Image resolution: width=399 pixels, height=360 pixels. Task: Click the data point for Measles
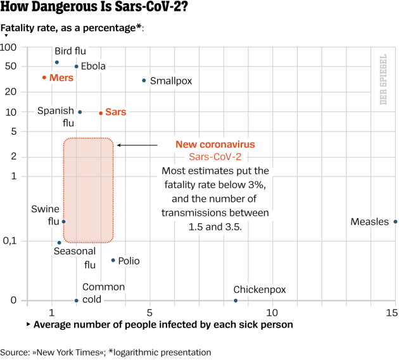click(x=395, y=221)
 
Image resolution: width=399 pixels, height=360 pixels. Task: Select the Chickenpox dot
click(x=236, y=301)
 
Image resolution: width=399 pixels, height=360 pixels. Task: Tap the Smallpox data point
click(x=144, y=80)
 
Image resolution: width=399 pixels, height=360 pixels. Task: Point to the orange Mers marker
click(x=44, y=77)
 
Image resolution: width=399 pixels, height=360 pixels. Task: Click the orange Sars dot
click(x=101, y=113)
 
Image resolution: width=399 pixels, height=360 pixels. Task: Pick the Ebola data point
click(x=77, y=66)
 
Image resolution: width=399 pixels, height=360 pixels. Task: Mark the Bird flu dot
click(x=57, y=62)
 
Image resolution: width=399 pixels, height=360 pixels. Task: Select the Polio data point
click(x=113, y=260)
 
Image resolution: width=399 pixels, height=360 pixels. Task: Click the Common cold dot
click(x=77, y=301)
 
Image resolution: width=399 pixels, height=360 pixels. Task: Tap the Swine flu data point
click(x=63, y=221)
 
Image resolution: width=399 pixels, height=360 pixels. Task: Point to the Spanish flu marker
click(x=80, y=112)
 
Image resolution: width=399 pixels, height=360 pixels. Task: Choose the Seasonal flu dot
click(x=60, y=242)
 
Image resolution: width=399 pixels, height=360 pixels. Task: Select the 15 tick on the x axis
click(x=393, y=313)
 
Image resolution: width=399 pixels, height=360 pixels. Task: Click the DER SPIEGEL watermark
click(x=383, y=79)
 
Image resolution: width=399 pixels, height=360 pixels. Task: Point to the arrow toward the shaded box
click(x=137, y=145)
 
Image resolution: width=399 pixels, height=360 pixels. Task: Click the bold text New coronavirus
click(x=215, y=144)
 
